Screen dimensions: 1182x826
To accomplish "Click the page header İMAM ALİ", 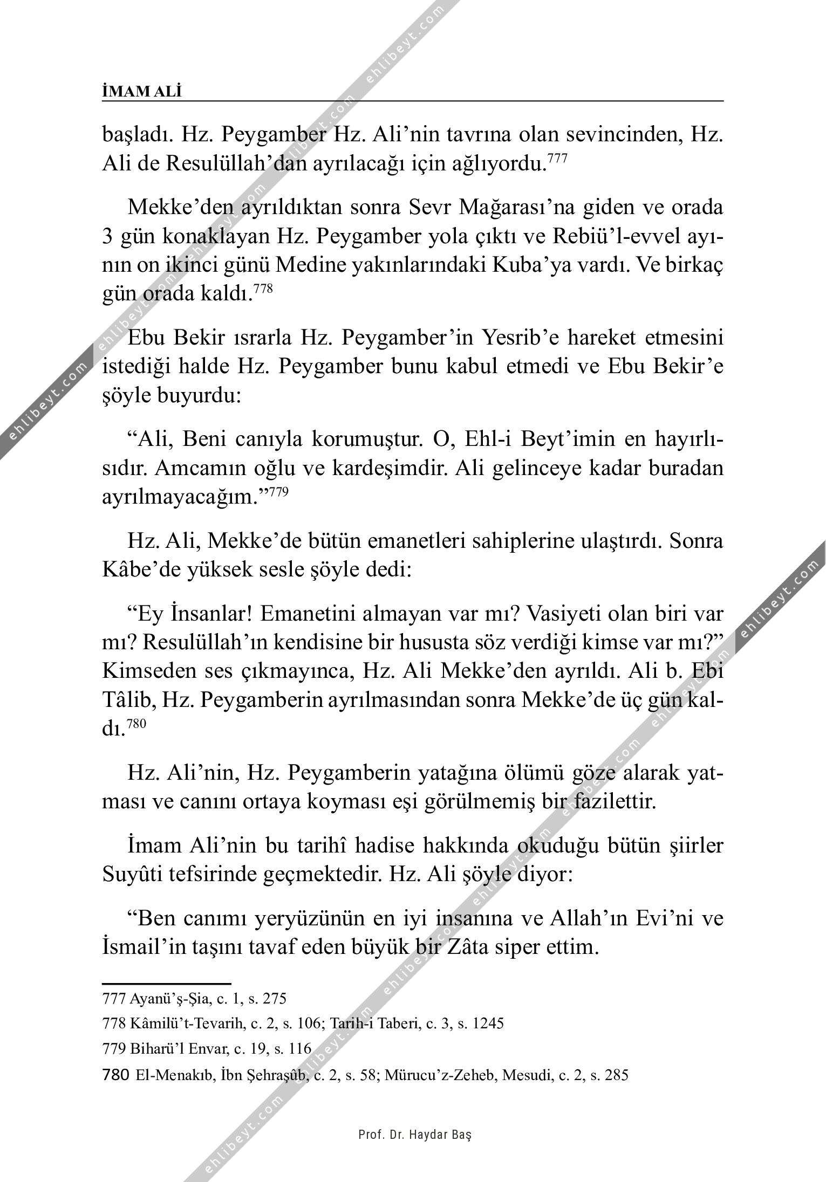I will point(142,92).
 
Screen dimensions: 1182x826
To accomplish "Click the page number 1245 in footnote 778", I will point(488,1023).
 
